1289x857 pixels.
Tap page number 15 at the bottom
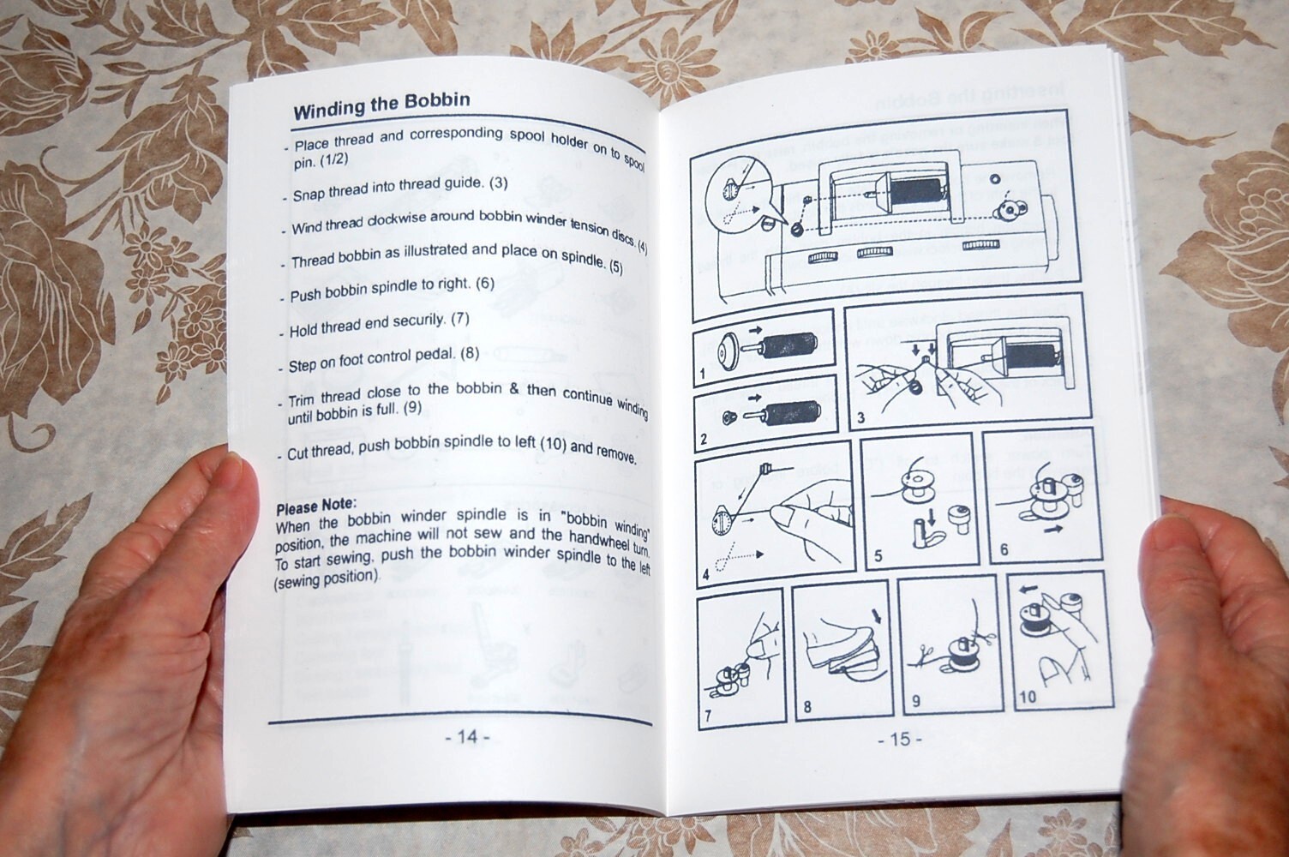click(900, 739)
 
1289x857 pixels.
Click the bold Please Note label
click(316, 506)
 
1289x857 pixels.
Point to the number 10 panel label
click(1028, 697)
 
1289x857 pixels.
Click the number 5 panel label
click(878, 555)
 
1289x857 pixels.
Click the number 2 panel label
click(704, 440)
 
